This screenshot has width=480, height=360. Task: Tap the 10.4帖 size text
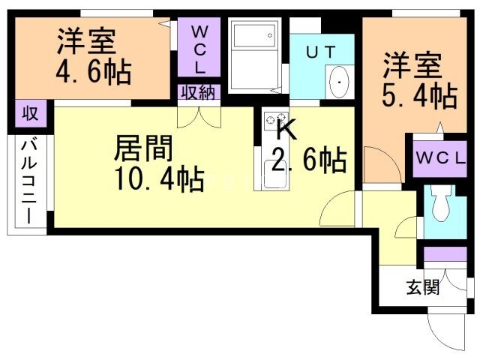(x=160, y=180)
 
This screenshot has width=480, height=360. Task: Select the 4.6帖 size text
(x=93, y=73)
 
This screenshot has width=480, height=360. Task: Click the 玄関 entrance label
(x=423, y=286)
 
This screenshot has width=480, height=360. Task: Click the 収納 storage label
(x=198, y=93)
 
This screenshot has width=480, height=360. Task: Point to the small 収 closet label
(x=29, y=115)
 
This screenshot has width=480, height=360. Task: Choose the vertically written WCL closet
(x=199, y=49)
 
